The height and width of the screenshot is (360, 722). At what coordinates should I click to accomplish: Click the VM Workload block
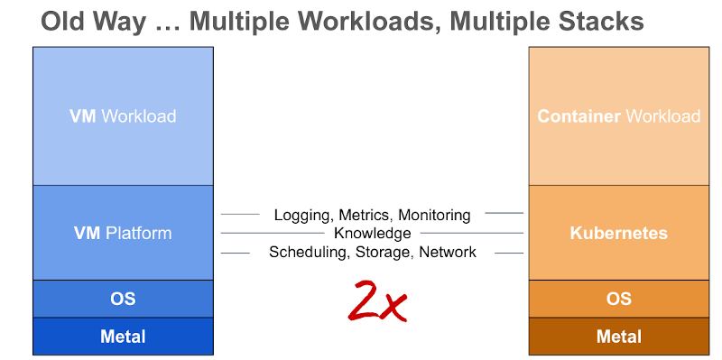click(x=123, y=116)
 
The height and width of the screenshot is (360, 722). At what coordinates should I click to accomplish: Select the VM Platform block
click(x=123, y=233)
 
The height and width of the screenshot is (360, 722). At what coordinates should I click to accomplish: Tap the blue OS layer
click(x=123, y=299)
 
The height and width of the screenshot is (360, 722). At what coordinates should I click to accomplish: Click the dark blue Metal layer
click(x=123, y=337)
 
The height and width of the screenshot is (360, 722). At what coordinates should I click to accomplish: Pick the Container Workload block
click(x=618, y=116)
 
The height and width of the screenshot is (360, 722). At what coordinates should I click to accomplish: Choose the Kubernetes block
click(x=618, y=233)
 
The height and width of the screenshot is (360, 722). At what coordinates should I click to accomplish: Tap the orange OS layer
click(x=618, y=299)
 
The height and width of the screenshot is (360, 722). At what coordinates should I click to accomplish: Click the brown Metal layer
click(x=618, y=337)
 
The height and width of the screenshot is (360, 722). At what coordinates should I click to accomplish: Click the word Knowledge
click(x=372, y=234)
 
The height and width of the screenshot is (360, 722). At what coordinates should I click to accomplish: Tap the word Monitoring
click(x=434, y=215)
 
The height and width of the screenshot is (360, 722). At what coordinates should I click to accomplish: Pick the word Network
click(x=448, y=253)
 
